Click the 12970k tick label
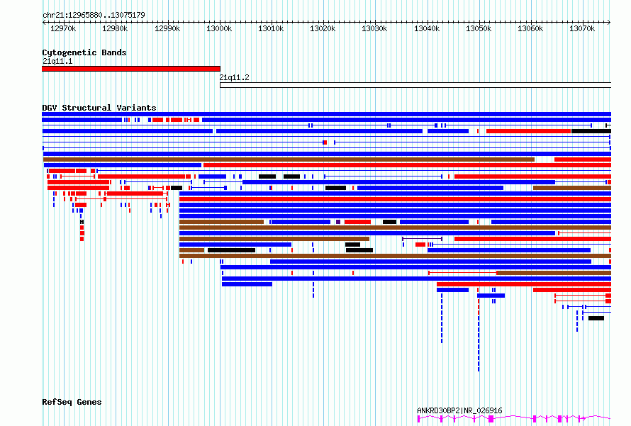(63, 28)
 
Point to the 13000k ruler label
(219, 28)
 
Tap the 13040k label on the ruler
(427, 28)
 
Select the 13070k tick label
(582, 28)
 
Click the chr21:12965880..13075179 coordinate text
(94, 16)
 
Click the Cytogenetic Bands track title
(84, 52)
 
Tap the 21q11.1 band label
(57, 61)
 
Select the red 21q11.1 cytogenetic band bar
(131, 69)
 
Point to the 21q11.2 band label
(234, 78)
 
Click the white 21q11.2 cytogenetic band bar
(415, 85)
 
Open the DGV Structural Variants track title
(99, 108)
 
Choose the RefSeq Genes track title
(72, 402)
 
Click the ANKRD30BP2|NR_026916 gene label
(459, 410)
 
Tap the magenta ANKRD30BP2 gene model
(514, 419)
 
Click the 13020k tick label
(323, 28)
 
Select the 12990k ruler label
(167, 28)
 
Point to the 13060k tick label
(530, 28)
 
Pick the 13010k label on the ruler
(271, 28)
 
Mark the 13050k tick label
(479, 28)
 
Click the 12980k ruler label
(115, 28)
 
